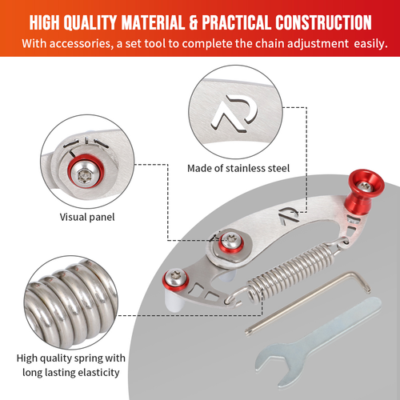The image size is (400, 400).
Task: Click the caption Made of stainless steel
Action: click(238, 169)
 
